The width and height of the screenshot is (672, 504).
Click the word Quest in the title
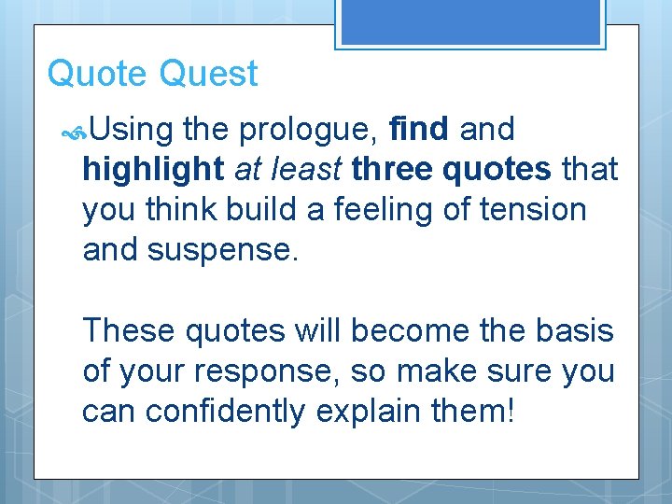point(209,73)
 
